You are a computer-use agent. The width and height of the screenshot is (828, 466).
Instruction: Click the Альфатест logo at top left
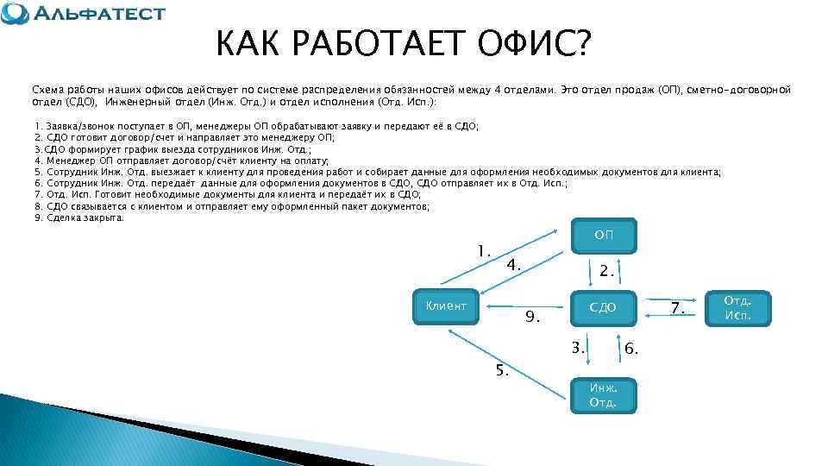(x=84, y=15)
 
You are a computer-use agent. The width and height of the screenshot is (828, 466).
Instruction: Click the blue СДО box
(x=604, y=307)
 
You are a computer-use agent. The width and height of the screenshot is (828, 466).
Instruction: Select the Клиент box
(x=446, y=305)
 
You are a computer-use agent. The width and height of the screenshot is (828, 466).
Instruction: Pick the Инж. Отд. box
(x=603, y=395)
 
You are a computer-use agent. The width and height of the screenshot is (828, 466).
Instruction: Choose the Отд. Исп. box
(x=737, y=307)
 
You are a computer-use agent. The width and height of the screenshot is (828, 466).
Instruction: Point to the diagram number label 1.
(x=484, y=251)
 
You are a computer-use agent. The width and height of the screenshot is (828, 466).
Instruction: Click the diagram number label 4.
(x=513, y=265)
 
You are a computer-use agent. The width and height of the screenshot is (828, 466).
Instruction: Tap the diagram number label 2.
(x=607, y=271)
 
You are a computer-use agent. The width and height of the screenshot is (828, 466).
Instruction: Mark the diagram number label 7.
(x=678, y=309)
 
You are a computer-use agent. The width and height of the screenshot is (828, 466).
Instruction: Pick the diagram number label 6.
(x=631, y=349)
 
